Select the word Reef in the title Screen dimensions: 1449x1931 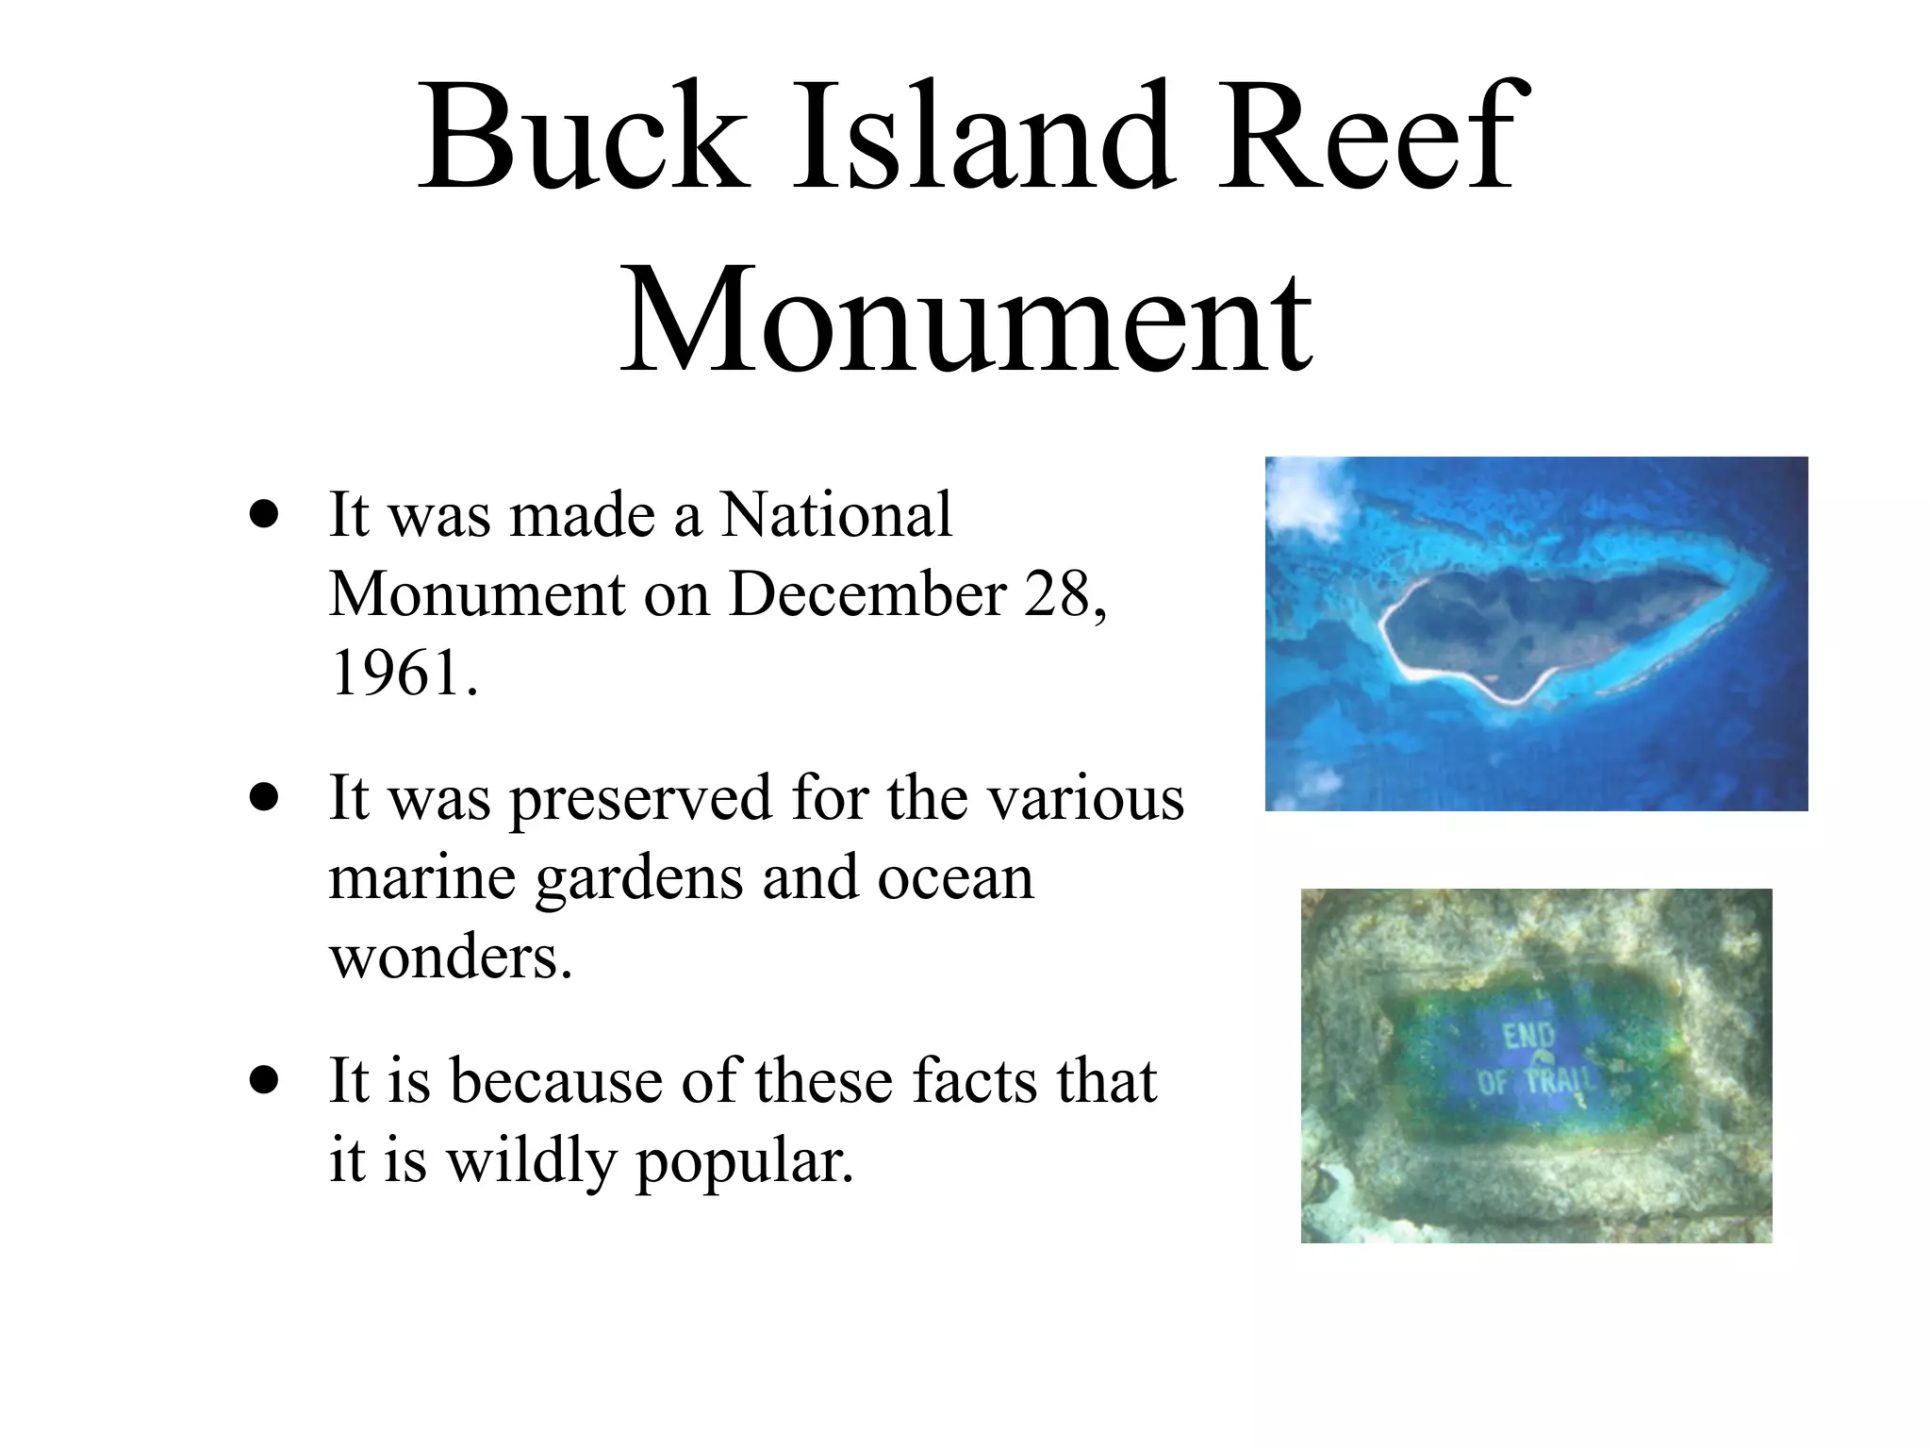[x=1367, y=137]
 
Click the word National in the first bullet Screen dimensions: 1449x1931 [x=836, y=515]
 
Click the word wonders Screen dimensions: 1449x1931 [x=451, y=957]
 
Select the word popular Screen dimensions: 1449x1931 [x=744, y=1161]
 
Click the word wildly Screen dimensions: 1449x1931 [x=530, y=1159]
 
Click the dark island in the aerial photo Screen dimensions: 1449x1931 [x=1546, y=627]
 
